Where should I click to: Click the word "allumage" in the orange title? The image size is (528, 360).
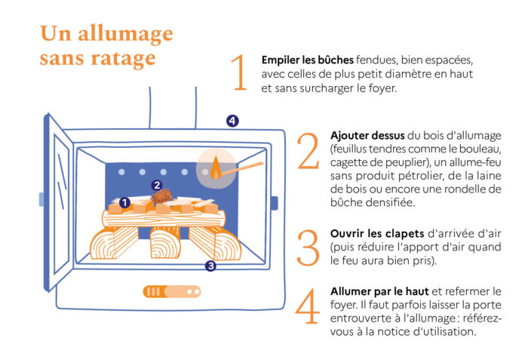(126, 35)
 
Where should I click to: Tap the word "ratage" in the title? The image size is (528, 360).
(123, 58)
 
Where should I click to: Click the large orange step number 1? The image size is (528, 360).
(239, 72)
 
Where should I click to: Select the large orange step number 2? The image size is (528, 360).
(308, 151)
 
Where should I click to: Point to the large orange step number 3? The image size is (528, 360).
(308, 248)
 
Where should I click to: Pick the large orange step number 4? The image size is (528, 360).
(307, 306)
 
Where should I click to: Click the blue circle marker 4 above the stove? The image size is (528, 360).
(232, 121)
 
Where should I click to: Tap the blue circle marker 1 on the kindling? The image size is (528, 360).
(124, 202)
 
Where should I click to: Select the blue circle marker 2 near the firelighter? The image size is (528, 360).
(157, 185)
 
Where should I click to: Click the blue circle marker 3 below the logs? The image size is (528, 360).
(210, 266)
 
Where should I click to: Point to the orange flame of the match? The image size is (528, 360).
(216, 168)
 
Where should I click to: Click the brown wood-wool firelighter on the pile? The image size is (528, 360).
(162, 196)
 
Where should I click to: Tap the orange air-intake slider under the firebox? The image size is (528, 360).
(172, 291)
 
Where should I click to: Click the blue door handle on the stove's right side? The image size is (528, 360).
(274, 203)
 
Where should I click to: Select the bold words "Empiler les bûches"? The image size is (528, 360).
(308, 60)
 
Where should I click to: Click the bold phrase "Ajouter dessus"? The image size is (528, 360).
(367, 136)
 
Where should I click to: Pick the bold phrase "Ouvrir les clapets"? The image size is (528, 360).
(377, 234)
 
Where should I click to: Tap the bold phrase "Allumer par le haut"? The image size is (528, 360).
(379, 291)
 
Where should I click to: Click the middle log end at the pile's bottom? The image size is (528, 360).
(165, 242)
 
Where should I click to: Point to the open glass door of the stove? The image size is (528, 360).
(59, 202)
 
